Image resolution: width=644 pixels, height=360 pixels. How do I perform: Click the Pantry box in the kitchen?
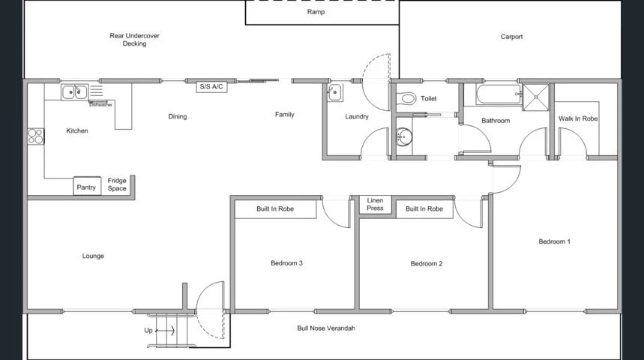pyautogui.click(x=87, y=187)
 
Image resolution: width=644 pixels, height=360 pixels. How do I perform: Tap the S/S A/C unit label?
pyautogui.click(x=211, y=87)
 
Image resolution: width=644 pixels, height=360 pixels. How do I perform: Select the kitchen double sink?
pyautogui.click(x=75, y=92)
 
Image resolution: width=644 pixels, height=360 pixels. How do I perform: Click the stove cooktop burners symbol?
pyautogui.click(x=35, y=136)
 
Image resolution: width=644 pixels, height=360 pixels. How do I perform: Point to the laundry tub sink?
pyautogui.click(x=334, y=93)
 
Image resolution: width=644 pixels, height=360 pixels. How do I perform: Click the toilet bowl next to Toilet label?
pyautogui.click(x=407, y=98)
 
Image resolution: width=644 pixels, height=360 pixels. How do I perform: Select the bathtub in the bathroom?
pyautogui.click(x=493, y=94)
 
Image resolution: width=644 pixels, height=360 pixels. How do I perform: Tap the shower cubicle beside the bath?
pyautogui.click(x=536, y=94)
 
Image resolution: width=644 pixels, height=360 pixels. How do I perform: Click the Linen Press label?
pyautogui.click(x=375, y=204)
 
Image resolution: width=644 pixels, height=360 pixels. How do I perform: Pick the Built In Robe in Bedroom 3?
pyautogui.click(x=275, y=208)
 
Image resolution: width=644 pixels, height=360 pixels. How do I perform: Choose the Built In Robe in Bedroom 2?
pyautogui.click(x=424, y=208)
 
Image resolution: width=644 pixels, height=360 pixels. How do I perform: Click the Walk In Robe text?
pyautogui.click(x=578, y=118)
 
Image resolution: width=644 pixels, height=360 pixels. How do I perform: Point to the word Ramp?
pyautogui.click(x=316, y=12)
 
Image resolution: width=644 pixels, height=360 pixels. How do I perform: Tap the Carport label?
pyautogui.click(x=511, y=36)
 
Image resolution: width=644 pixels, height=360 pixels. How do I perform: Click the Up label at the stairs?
pyautogui.click(x=148, y=330)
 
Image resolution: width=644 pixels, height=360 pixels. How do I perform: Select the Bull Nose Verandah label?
pyautogui.click(x=325, y=328)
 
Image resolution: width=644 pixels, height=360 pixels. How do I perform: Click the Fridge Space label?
pyautogui.click(x=117, y=184)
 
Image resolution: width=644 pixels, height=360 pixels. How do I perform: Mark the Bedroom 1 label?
pyautogui.click(x=554, y=241)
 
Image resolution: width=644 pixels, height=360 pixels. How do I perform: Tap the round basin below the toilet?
pyautogui.click(x=404, y=137)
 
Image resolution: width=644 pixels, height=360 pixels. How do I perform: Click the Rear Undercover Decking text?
pyautogui.click(x=135, y=40)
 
